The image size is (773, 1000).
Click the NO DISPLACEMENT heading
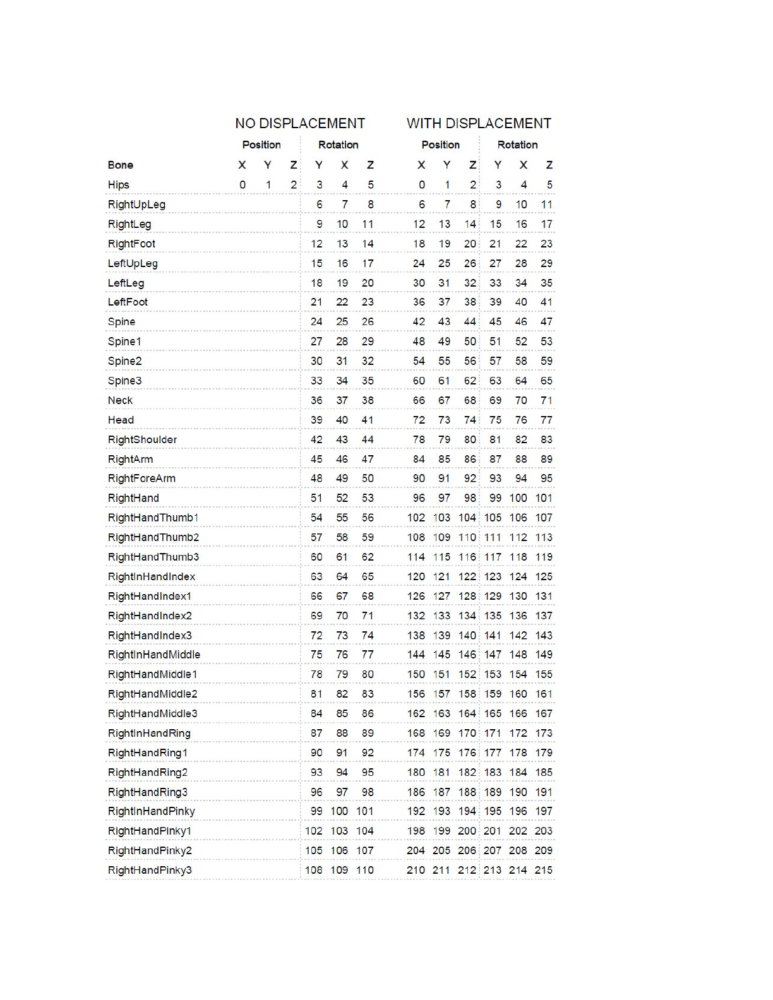[300, 123]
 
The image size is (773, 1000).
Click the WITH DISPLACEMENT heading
[479, 123]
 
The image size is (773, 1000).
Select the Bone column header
[120, 165]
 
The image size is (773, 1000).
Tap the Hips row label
[118, 184]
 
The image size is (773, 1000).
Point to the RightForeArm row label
[141, 478]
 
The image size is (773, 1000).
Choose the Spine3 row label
[124, 381]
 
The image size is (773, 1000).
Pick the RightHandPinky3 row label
[150, 870]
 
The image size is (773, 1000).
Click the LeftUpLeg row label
[133, 263]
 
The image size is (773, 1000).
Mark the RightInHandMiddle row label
[153, 655]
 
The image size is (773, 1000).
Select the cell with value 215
[543, 870]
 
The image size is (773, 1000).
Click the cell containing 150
[416, 674]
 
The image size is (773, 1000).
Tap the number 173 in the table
[543, 733]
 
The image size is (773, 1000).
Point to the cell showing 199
[441, 831]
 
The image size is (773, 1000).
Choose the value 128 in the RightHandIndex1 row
[467, 596]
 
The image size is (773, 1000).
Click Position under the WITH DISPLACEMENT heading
[440, 145]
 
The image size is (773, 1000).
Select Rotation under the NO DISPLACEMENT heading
[338, 145]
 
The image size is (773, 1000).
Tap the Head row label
[121, 420]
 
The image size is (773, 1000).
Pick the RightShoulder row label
[142, 439]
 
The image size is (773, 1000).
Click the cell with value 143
[543, 635]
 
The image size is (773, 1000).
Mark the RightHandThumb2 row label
[153, 537]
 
